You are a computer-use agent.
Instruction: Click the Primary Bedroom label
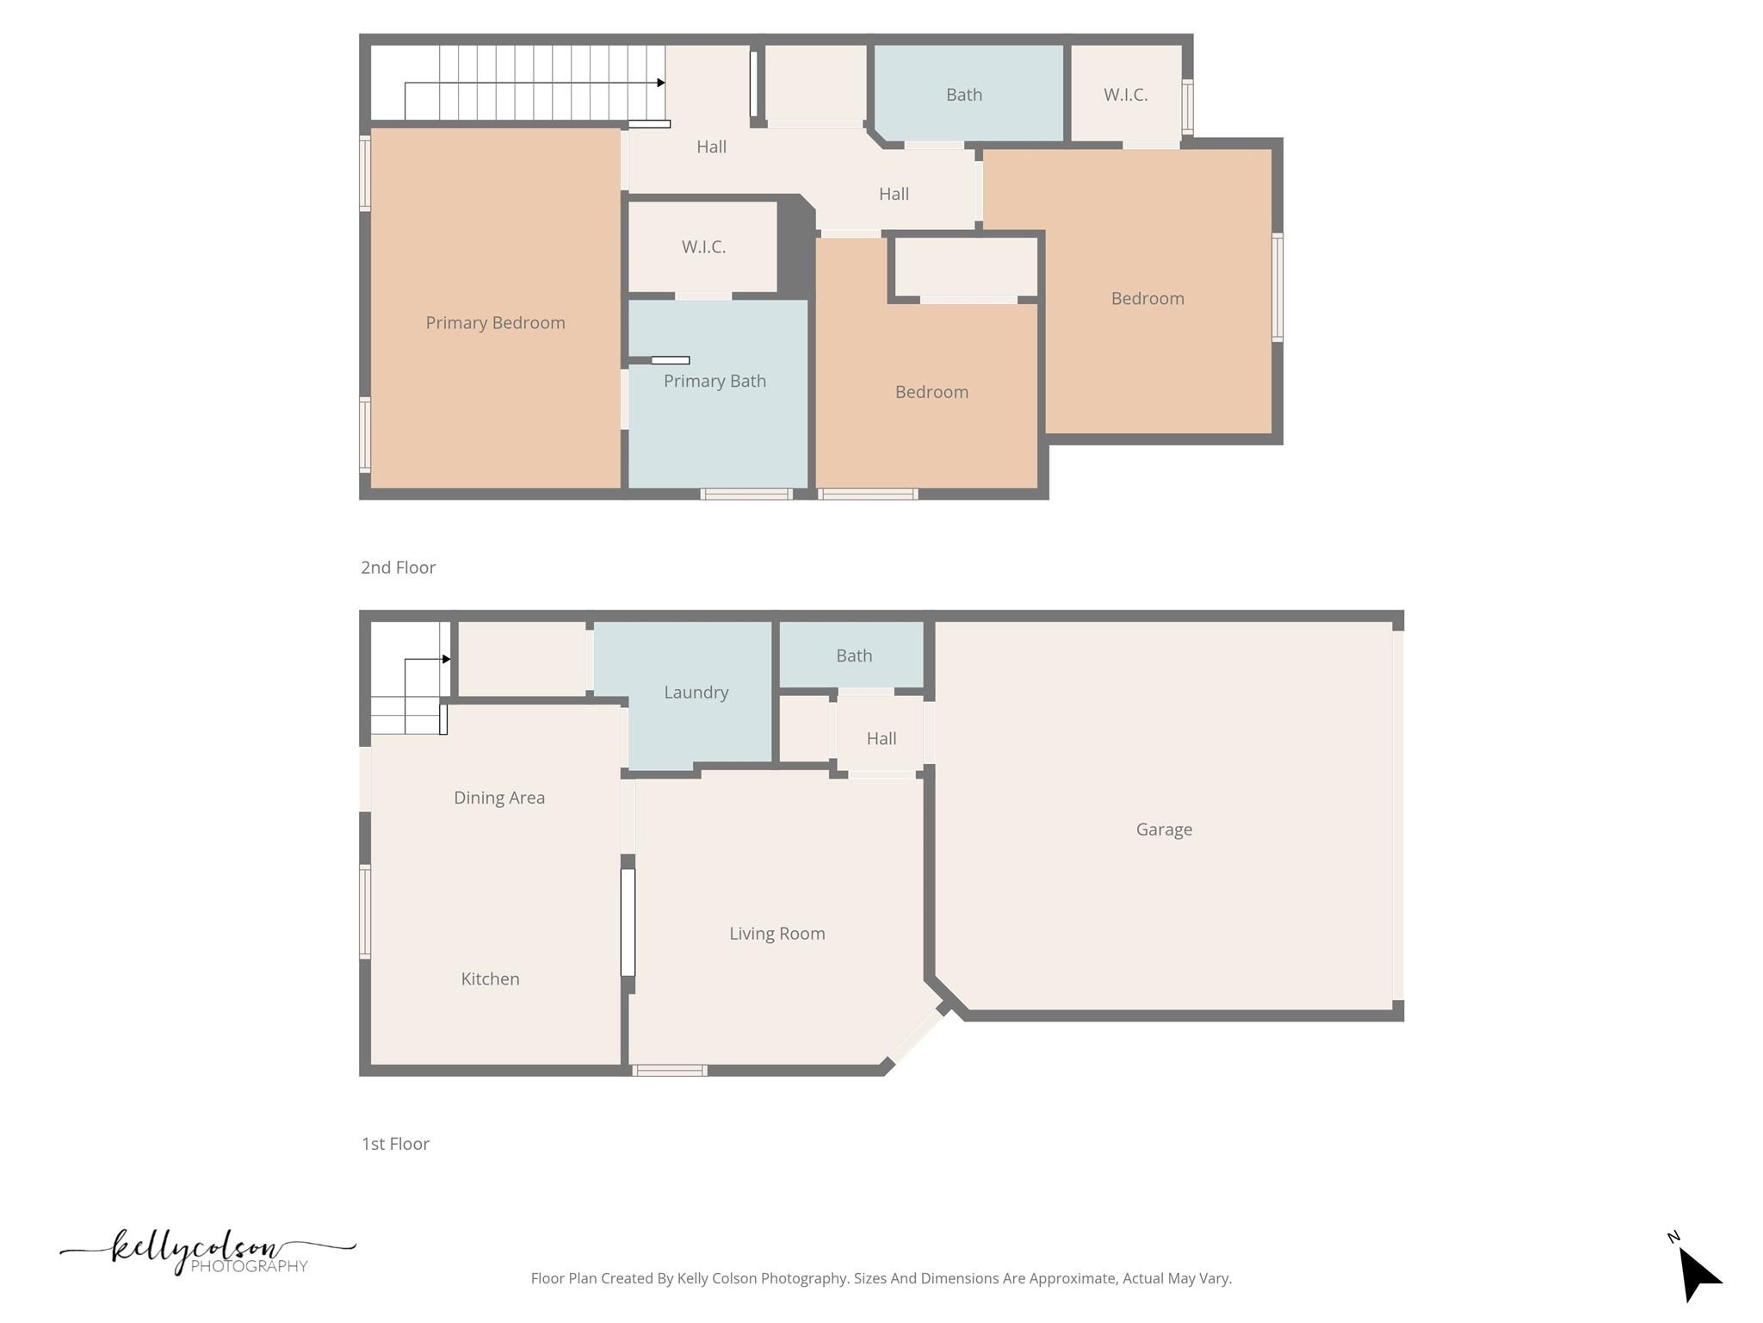point(495,323)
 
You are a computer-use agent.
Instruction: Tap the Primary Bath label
point(714,381)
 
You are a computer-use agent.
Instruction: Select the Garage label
point(1164,829)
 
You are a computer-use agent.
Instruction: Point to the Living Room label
point(776,934)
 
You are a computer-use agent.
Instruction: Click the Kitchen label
point(490,979)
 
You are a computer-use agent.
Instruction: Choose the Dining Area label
point(499,798)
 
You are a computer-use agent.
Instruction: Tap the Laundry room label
point(696,693)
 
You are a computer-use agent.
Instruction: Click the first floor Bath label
point(854,656)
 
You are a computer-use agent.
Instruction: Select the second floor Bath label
point(963,95)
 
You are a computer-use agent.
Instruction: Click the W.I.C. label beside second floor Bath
point(1125,95)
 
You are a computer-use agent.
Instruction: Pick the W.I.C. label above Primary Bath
point(703,247)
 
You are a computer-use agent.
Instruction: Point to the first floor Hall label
point(881,739)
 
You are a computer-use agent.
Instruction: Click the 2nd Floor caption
point(398,568)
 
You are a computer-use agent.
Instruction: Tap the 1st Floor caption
point(395,1144)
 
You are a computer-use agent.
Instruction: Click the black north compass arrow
point(1697,1273)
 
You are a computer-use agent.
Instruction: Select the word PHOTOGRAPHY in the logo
point(249,1266)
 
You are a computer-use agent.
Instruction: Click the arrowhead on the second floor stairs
point(660,83)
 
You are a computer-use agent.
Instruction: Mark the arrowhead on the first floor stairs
point(446,659)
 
